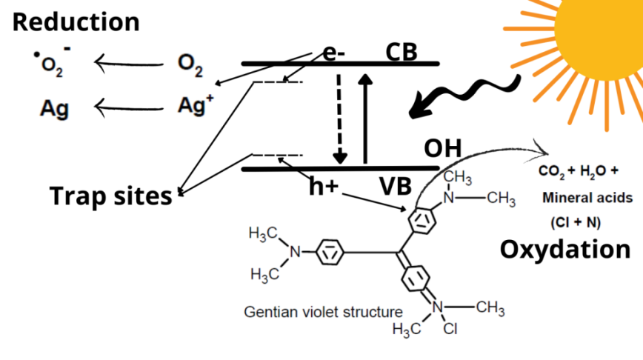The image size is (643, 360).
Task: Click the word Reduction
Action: click(76, 21)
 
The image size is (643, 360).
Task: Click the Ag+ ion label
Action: click(196, 105)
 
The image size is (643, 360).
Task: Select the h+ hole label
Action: click(324, 187)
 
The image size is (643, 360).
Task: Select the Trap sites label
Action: click(110, 196)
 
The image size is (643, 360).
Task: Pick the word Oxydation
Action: click(565, 249)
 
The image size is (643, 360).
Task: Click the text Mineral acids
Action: click(587, 198)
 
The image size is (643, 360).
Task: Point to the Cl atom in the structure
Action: click(450, 330)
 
